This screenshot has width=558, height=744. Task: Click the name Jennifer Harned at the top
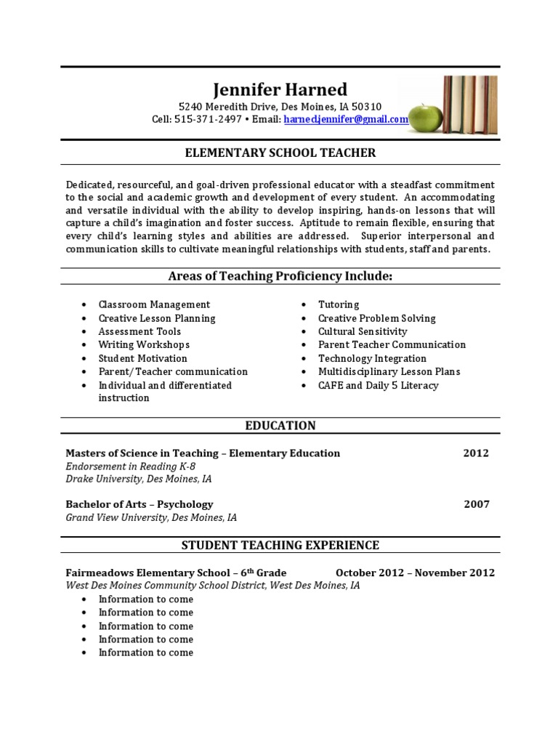(280, 89)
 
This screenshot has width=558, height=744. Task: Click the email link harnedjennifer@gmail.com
(346, 120)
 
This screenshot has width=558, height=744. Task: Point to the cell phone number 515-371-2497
(209, 120)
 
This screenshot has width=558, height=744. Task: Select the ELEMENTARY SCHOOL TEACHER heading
(280, 153)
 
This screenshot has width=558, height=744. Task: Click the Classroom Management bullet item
(154, 304)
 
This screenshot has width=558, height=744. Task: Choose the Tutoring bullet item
(339, 304)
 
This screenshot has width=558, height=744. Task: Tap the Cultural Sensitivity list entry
(363, 331)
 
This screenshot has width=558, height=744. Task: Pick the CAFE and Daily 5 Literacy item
(378, 385)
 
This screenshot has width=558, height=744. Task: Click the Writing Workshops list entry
(144, 344)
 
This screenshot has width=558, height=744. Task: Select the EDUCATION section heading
(280, 426)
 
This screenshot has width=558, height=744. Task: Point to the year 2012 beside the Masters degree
(476, 453)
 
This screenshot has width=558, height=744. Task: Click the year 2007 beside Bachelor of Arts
(477, 504)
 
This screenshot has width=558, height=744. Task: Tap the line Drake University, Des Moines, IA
(139, 480)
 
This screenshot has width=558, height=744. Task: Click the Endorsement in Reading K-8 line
(130, 466)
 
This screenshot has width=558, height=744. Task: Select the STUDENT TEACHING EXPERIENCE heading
(280, 545)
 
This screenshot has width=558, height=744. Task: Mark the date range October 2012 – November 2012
(415, 573)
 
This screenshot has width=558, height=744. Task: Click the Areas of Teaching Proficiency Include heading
(280, 276)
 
